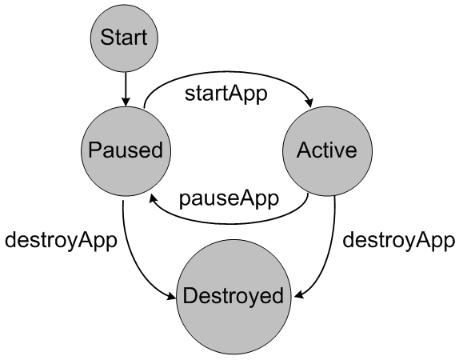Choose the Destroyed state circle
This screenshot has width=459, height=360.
pos(233,296)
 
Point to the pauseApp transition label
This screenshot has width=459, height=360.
pos(229,198)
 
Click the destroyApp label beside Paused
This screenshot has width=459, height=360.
pos(61,239)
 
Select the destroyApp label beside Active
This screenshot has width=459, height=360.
pos(398,239)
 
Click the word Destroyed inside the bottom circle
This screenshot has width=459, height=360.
pos(233,296)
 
